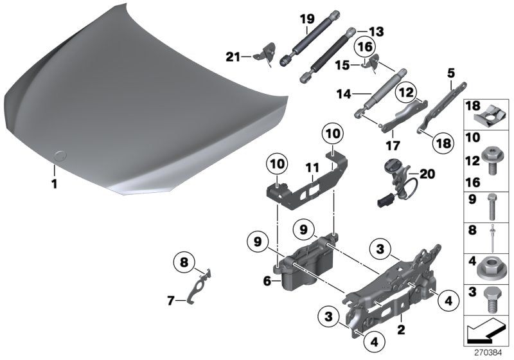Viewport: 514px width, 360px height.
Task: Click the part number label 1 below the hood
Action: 55,184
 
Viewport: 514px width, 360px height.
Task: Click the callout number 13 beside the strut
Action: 375,32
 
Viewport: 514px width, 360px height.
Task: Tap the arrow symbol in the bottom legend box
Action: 485,328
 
